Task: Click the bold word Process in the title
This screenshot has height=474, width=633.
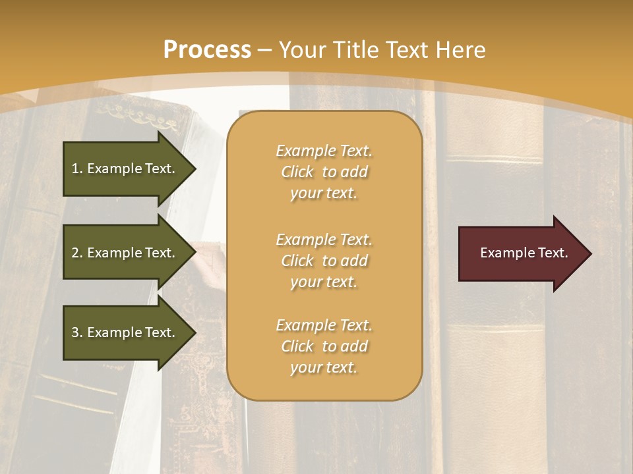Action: [207, 50]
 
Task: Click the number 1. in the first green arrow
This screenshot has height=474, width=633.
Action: [77, 169]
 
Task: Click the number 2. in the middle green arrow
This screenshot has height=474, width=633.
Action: [77, 253]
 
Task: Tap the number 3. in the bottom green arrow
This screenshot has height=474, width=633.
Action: [77, 332]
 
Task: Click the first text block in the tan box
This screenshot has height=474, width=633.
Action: [324, 172]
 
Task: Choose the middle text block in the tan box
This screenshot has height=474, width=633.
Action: [324, 261]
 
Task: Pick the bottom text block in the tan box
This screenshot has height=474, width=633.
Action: [324, 346]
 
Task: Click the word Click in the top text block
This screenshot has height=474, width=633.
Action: [297, 172]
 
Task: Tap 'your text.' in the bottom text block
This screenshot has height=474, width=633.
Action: [324, 367]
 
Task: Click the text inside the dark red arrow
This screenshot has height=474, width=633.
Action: [524, 253]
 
